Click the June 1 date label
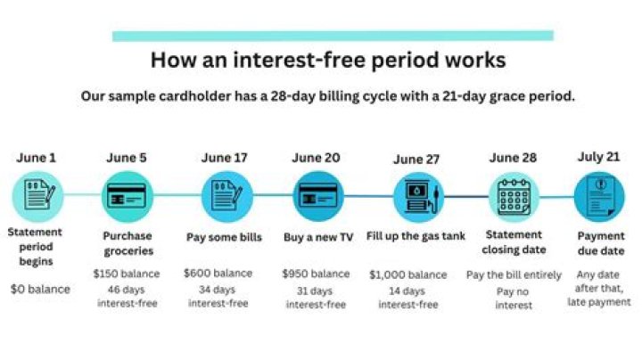tap(36, 158)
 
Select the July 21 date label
tap(599, 158)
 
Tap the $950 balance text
tap(316, 274)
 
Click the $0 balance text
tap(40, 289)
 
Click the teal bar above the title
tap(333, 36)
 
